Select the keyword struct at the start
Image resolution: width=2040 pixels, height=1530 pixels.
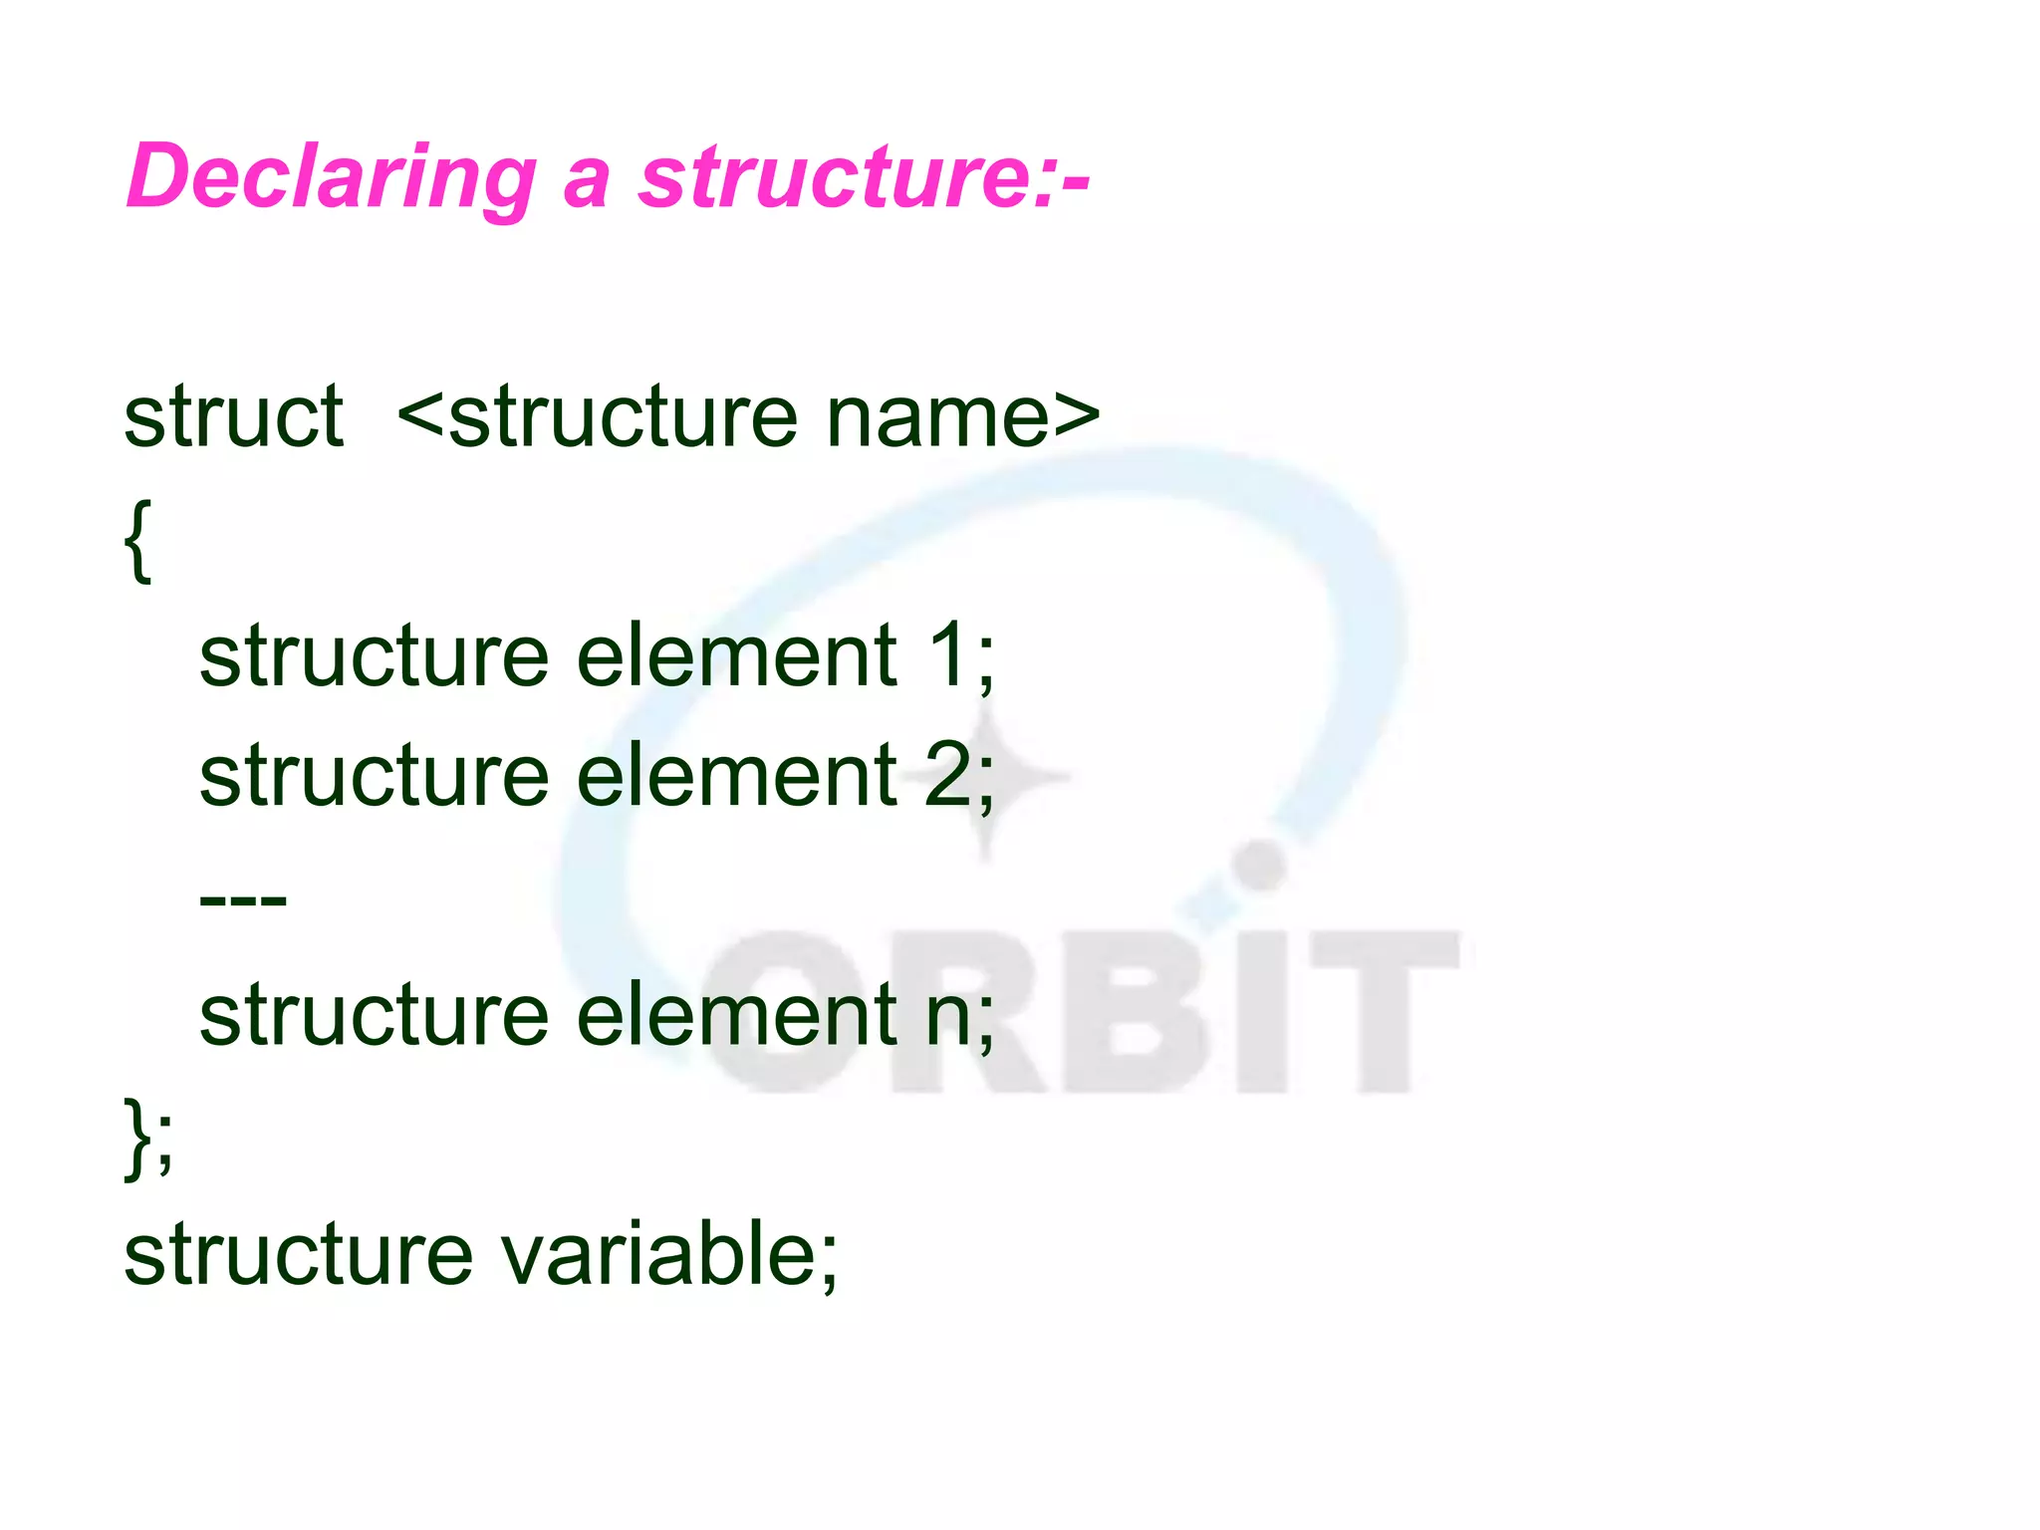click(233, 415)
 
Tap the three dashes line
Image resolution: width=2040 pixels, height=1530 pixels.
click(243, 900)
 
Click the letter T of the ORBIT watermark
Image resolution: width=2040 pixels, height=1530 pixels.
click(1385, 1011)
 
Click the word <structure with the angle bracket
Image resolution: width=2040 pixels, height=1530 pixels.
click(597, 415)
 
